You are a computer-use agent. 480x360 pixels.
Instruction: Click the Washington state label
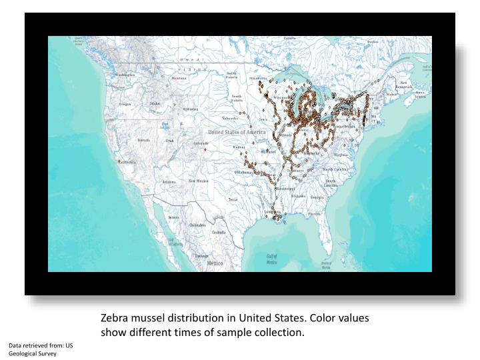pos(125,75)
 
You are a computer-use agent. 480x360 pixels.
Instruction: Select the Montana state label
pos(179,78)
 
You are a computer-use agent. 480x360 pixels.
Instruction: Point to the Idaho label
pos(155,104)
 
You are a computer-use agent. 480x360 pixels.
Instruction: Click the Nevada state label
pos(143,140)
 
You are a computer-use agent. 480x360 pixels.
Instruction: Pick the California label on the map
pos(128,162)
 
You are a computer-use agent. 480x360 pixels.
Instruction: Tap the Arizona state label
pos(169,181)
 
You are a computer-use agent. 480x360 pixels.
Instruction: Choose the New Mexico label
pos(198,181)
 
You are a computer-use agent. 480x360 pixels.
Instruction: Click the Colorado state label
pos(201,143)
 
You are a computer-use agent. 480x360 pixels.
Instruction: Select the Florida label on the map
pos(315,214)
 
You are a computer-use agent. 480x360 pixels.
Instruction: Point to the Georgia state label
pos(317,197)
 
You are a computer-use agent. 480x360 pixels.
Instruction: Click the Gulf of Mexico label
pos(272,259)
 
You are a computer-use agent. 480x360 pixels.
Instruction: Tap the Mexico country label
pos(215,263)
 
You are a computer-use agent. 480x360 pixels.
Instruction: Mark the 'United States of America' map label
pos(237,132)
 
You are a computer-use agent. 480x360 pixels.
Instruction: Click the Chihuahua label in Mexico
pos(197,225)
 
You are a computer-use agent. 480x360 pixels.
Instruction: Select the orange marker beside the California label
pos(119,162)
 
